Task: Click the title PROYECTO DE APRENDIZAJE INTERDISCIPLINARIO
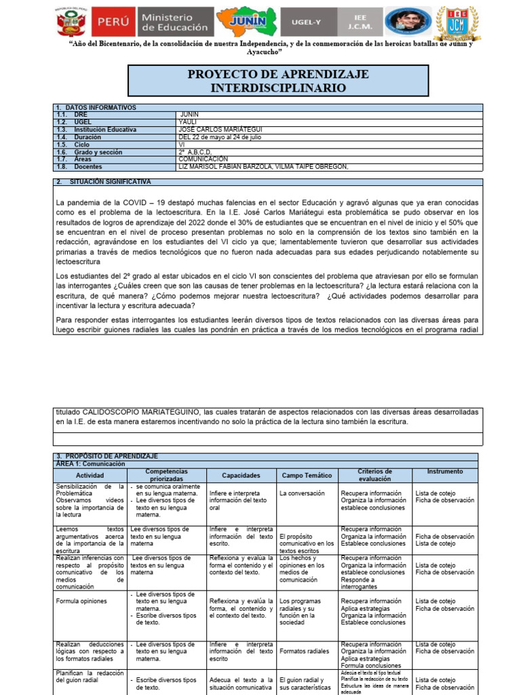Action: click(x=278, y=81)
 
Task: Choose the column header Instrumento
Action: click(x=445, y=472)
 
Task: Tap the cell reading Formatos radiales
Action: click(x=304, y=651)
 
